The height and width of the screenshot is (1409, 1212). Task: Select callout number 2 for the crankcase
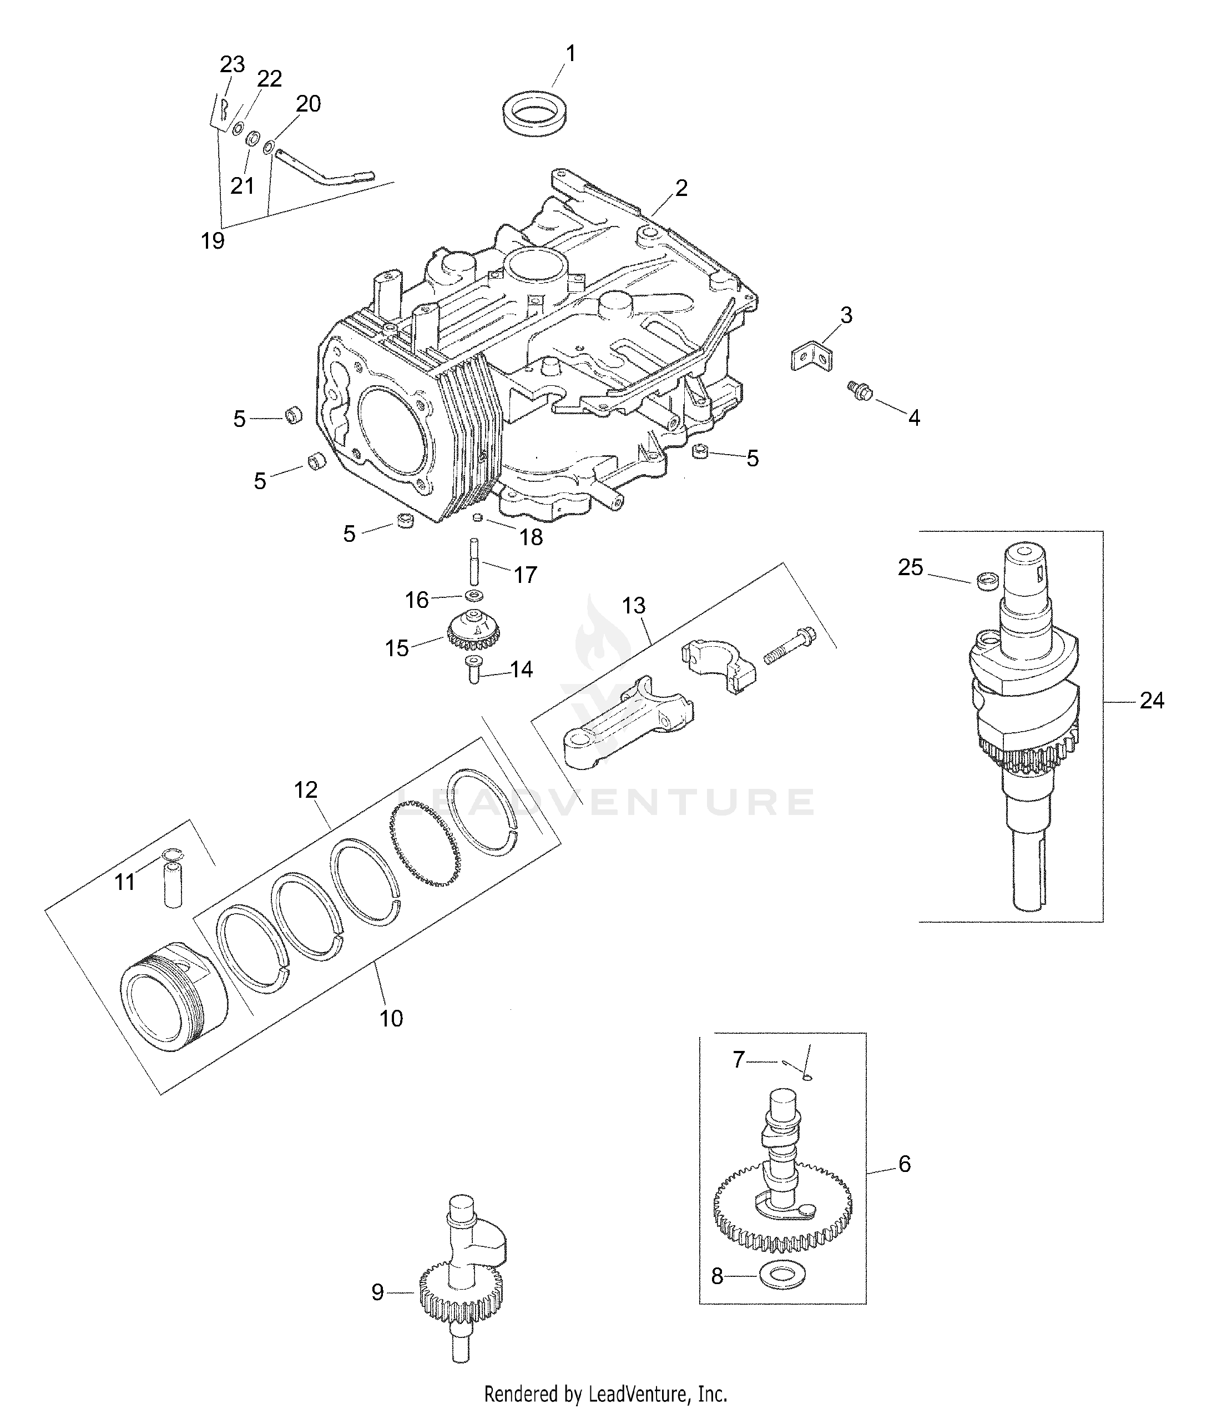680,188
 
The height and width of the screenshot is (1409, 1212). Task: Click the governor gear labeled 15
474,632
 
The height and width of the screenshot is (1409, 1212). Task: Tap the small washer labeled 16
474,596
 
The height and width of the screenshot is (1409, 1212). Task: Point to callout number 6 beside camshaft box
904,1164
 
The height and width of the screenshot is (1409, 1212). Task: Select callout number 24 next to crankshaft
1151,701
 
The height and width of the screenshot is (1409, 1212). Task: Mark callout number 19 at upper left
212,240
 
